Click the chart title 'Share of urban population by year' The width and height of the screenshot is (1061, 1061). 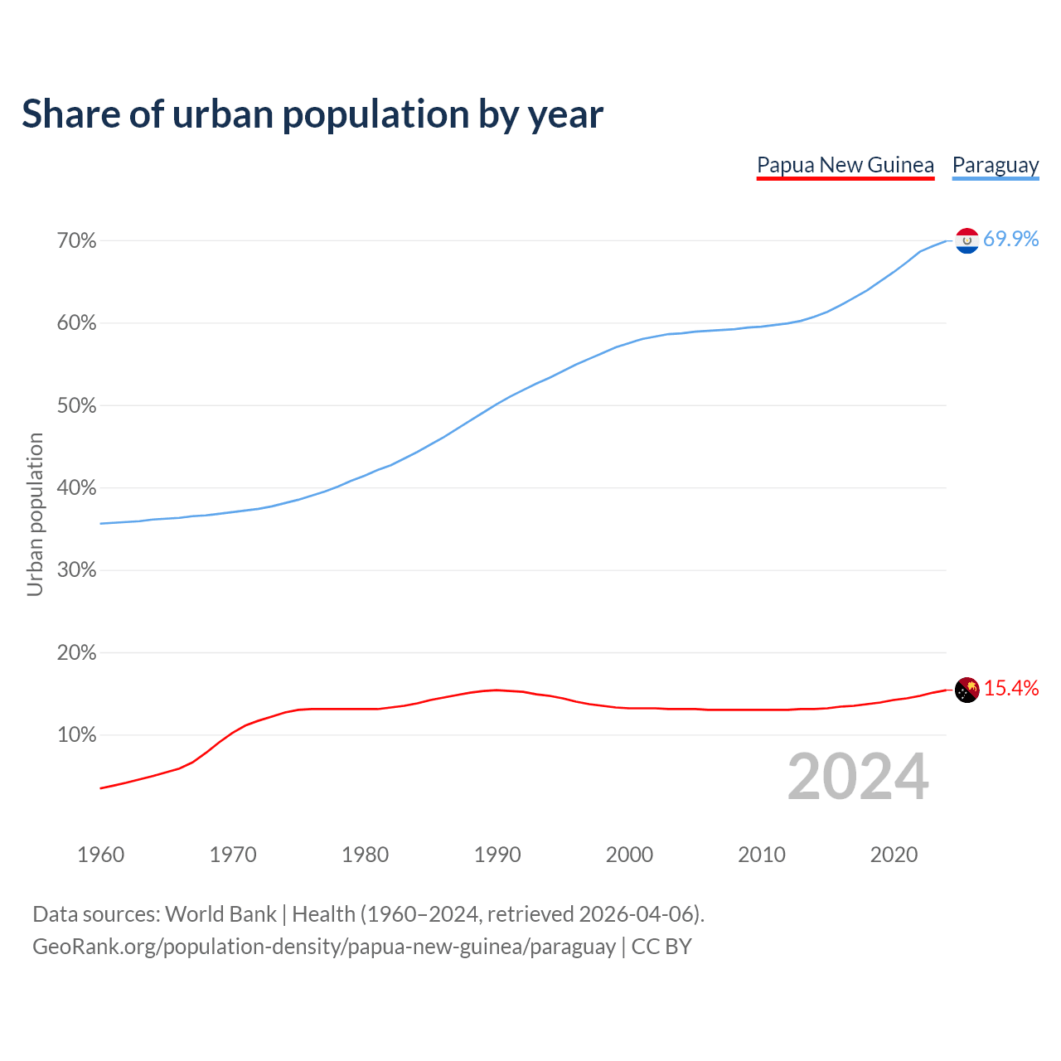312,114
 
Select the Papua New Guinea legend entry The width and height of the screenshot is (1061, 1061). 845,165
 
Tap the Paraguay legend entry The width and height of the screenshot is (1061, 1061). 996,165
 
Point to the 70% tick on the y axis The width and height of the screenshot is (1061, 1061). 77,241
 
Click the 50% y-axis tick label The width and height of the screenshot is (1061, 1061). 77,406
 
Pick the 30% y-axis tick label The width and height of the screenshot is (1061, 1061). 77,570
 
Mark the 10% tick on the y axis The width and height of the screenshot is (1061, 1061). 77,735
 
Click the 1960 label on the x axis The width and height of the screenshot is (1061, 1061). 100,855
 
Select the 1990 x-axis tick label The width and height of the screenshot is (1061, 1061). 497,855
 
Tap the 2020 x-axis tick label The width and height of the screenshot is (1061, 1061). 894,855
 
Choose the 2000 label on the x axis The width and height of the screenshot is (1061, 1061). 629,855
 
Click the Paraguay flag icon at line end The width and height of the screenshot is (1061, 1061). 967,240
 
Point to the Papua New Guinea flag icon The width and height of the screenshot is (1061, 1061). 967,690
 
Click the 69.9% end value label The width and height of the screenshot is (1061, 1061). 1011,240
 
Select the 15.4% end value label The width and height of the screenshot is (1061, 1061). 1011,689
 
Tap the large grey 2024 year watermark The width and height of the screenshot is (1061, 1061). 858,778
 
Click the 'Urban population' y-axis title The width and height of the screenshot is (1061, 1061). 35,514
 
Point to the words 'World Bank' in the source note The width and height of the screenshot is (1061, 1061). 220,914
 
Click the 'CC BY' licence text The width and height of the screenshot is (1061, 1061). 661,947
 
